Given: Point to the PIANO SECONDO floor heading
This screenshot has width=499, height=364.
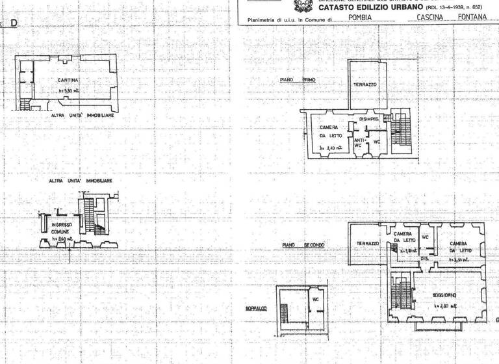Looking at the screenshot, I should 303,245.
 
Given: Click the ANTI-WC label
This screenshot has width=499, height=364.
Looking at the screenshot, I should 358,141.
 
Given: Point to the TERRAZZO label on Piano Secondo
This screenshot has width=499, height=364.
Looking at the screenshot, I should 368,243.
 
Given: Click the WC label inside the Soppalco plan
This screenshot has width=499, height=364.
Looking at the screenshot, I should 315,300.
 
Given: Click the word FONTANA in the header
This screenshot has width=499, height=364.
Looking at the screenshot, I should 472,18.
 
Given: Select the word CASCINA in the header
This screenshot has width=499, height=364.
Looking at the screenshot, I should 430,18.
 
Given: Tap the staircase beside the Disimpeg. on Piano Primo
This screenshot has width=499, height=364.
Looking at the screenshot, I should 401,132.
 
